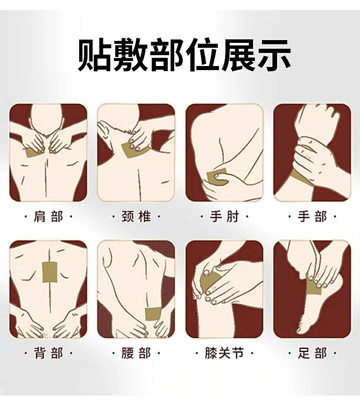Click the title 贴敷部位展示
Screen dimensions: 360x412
click(184, 55)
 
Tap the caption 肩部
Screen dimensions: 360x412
click(48, 217)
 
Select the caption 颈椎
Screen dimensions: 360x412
click(136, 217)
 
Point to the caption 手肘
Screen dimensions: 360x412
click(224, 217)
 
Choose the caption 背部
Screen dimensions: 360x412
click(48, 353)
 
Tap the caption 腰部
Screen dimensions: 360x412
click(136, 353)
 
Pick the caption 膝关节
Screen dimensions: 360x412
click(224, 353)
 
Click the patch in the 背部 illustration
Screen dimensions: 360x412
click(50, 272)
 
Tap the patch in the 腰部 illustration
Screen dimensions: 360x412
click(153, 315)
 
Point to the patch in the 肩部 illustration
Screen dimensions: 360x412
click(33, 153)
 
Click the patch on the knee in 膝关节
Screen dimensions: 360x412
click(209, 282)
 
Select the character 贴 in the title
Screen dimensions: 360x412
click(93, 55)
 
